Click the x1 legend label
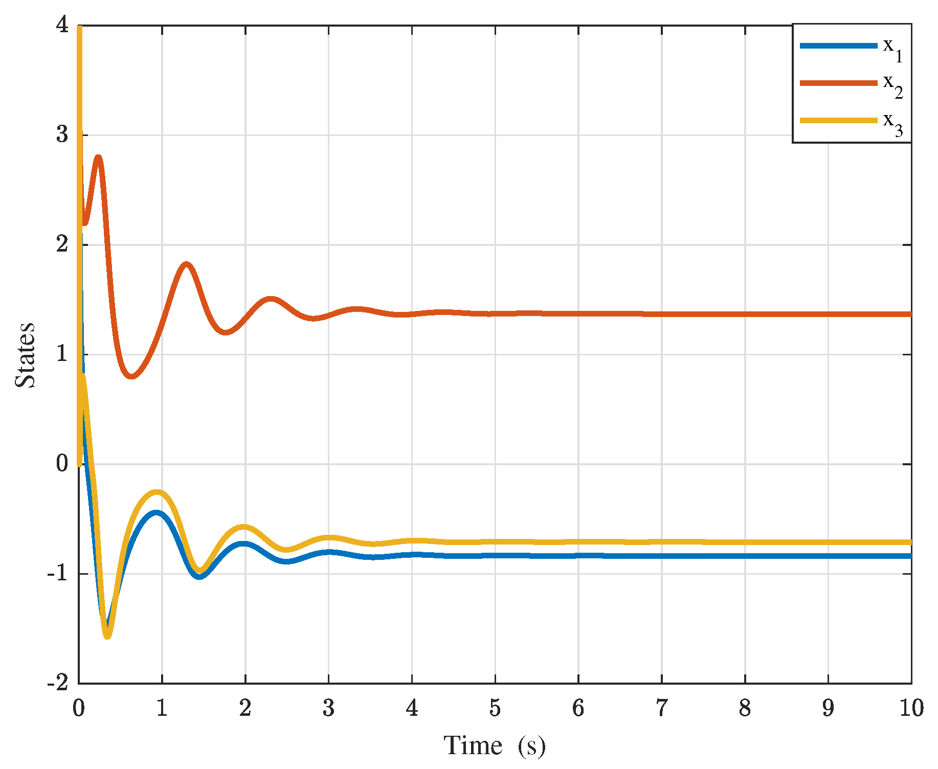893,49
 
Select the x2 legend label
893,86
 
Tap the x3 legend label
893,123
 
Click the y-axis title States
25,355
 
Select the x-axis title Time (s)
495,745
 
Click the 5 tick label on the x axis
495,708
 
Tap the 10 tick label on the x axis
911,708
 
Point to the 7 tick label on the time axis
662,708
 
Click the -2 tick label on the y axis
58,683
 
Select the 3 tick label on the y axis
62,134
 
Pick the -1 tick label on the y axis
58,573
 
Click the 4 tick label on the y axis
62,25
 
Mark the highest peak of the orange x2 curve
98,157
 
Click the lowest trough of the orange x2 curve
131,376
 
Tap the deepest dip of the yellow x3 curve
107,636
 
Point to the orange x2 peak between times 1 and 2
186,264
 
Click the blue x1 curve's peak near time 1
157,513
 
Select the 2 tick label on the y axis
62,244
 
